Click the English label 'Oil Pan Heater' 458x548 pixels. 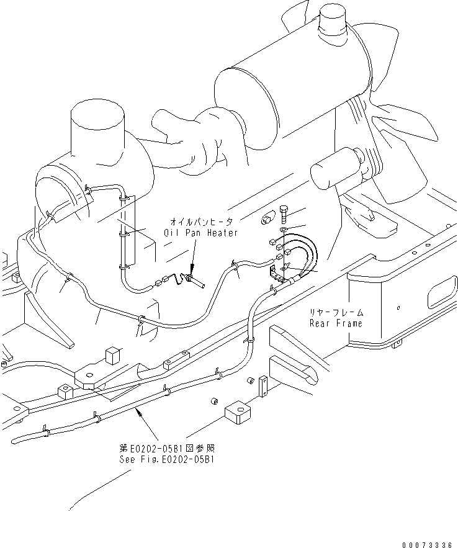tap(200, 233)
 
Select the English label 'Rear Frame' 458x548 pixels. tap(336, 323)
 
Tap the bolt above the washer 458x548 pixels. tap(284, 213)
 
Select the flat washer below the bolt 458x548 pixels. tap(284, 230)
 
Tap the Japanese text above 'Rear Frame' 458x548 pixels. tap(336, 313)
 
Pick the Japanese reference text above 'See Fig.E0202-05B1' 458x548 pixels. tap(169, 448)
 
